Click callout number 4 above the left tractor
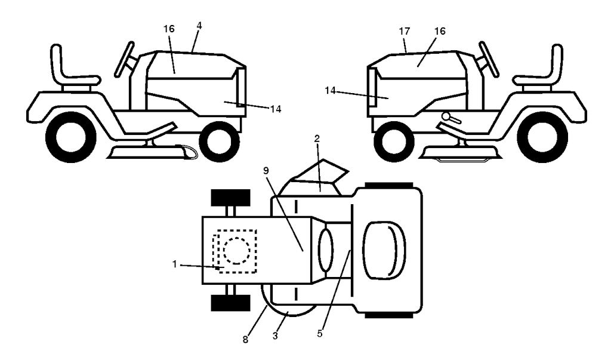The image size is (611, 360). pos(199,26)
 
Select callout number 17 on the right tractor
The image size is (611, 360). pos(405,31)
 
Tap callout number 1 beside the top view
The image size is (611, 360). pos(175,264)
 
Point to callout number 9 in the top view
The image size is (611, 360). pos(266,170)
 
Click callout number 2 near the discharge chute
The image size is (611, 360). pos(317,139)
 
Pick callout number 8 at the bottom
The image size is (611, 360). pos(245,340)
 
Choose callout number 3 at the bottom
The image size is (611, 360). pos(275,336)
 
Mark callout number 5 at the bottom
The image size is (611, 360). pos(320,334)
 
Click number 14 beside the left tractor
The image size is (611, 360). pos(276,109)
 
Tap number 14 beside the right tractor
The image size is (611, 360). pos(330,91)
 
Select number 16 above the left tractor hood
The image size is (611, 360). pos(169,29)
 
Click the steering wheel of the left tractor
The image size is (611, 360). pos(124,59)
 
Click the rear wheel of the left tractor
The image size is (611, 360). pos(71,137)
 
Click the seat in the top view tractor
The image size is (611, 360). pos(384,250)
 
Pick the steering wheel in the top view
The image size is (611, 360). pos(326,250)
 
